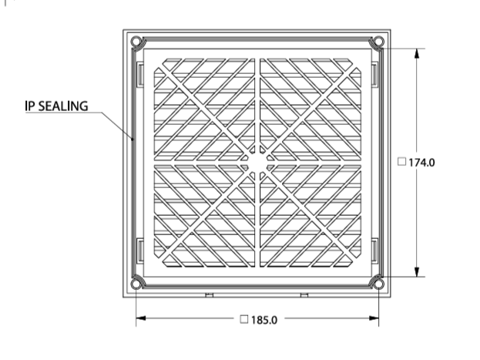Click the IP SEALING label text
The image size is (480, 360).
(56, 106)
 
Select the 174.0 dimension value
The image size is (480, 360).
(421, 163)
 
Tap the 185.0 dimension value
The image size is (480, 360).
(263, 320)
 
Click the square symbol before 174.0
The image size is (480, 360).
(401, 161)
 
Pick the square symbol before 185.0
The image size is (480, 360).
(244, 319)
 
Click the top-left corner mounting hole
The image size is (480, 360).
(136, 42)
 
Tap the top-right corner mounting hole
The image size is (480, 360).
(378, 42)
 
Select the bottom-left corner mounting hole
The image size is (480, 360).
(136, 284)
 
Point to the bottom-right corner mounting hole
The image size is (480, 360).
(378, 284)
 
